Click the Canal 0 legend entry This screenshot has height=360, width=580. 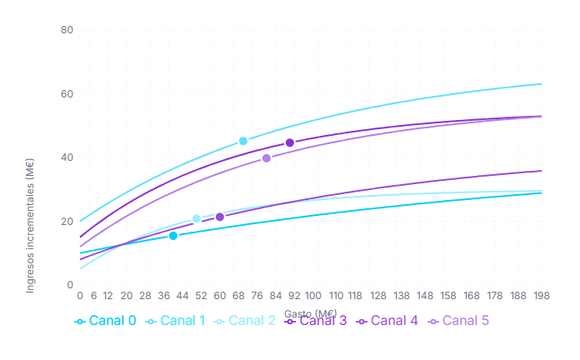(x=105, y=321)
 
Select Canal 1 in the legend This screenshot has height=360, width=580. (x=175, y=321)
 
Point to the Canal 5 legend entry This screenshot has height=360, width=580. (x=459, y=321)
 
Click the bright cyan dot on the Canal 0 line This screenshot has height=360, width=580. (x=173, y=236)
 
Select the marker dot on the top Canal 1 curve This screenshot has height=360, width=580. (x=243, y=141)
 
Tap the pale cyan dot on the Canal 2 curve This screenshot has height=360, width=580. (x=197, y=219)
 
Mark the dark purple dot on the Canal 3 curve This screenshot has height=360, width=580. (x=290, y=142)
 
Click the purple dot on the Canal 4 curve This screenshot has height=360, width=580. (x=220, y=217)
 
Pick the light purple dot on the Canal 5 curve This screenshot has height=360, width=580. (x=267, y=158)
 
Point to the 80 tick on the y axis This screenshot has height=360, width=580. (x=67, y=30)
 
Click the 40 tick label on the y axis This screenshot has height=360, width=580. (x=67, y=157)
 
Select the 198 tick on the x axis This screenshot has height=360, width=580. (x=542, y=296)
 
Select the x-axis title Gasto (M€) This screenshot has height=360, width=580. (x=310, y=312)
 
